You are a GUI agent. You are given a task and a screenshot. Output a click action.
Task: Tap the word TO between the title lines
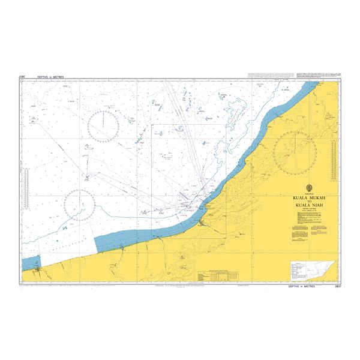click(305, 202)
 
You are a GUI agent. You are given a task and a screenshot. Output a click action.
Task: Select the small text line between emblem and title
click(305, 193)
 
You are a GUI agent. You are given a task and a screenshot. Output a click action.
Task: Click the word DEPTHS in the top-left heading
click(44, 77)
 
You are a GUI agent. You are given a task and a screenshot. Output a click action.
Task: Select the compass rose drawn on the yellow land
click(295, 150)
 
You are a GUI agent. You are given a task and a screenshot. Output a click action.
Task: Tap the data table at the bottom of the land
click(218, 276)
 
